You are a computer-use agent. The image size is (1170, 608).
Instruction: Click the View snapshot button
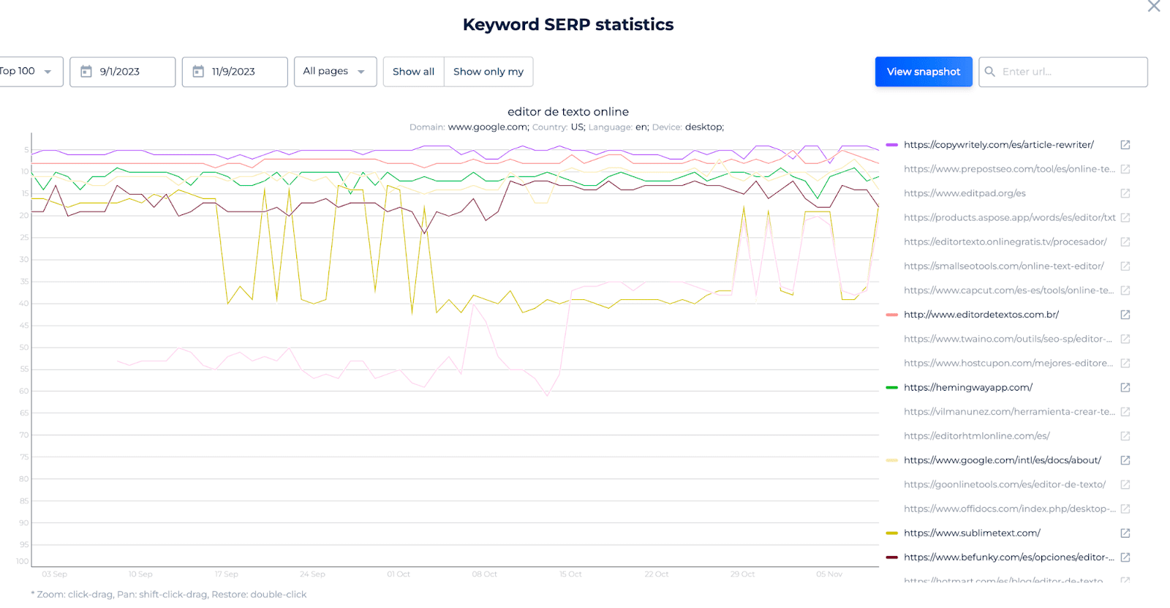point(923,72)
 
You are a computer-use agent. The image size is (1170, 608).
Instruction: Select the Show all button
point(413,72)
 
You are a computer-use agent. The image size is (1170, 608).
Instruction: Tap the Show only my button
point(488,72)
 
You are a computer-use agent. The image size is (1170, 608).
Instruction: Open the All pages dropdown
point(335,72)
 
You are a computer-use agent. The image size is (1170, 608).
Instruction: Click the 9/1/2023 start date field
point(122,72)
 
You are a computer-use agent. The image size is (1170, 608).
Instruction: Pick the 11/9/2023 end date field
point(234,72)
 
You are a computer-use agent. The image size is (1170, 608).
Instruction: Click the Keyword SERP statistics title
point(568,25)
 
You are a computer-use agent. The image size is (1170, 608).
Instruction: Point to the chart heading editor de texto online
point(568,112)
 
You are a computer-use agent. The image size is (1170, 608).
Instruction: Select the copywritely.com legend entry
point(998,145)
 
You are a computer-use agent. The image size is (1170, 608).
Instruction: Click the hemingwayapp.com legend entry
point(967,387)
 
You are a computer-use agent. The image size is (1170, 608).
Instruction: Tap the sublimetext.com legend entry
point(971,533)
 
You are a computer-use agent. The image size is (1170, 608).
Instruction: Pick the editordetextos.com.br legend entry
point(981,315)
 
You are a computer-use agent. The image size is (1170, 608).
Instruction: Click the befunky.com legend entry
point(1008,557)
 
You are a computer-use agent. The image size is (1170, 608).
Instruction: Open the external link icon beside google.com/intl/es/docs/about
point(1125,460)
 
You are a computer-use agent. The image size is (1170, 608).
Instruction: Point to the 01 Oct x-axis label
point(399,574)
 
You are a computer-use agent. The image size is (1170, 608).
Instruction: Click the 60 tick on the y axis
point(24,391)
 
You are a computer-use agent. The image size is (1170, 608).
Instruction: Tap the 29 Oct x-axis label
point(742,574)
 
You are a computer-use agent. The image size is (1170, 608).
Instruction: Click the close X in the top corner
point(1154,7)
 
